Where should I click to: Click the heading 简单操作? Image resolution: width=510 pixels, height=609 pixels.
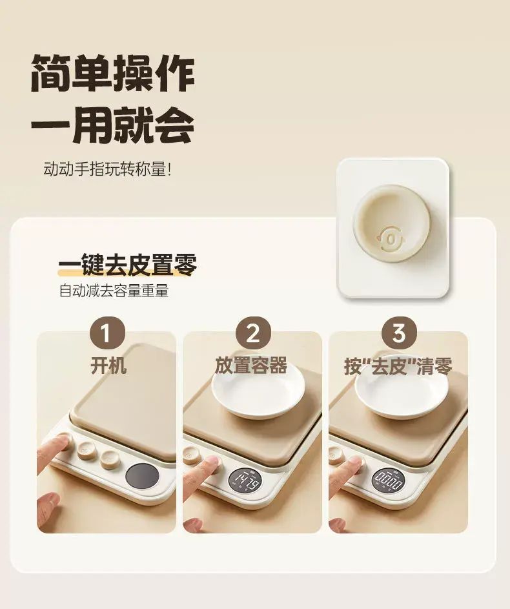pos(112,74)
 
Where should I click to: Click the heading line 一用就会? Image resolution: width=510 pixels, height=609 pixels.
pos(112,125)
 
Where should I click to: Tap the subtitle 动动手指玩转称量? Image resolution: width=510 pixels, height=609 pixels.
pos(107,169)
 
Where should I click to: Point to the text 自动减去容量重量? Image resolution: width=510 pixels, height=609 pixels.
pos(114,291)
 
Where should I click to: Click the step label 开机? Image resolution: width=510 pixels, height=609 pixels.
pos(108,366)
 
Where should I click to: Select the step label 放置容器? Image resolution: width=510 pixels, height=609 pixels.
pos(251,366)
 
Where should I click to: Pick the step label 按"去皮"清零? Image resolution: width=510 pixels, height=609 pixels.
pos(398,366)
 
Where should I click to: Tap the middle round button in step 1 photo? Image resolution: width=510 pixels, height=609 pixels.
pos(85,451)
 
